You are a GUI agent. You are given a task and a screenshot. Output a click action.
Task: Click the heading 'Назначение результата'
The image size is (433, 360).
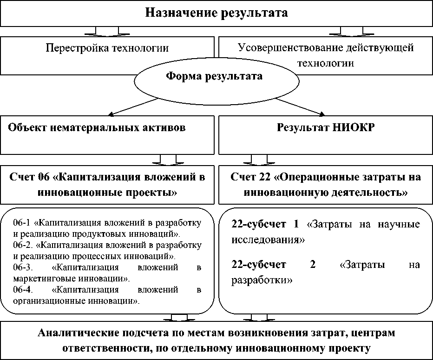point(217,13)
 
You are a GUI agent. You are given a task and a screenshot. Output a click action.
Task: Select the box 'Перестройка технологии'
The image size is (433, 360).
point(107,48)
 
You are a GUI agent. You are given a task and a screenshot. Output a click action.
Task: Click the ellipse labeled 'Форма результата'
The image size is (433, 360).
point(214,77)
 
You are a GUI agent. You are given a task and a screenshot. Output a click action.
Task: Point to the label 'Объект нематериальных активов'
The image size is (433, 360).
point(97,128)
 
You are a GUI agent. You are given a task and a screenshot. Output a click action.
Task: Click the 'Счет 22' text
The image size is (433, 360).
point(254,177)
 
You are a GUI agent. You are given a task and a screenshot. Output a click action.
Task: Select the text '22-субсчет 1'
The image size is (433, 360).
point(265,225)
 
